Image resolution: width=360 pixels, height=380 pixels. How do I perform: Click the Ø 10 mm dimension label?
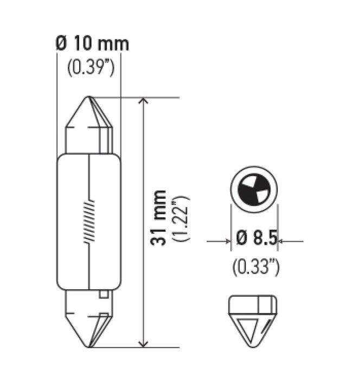pyautogui.click(x=93, y=44)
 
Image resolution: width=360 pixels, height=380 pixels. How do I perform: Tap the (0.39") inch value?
pyautogui.click(x=91, y=68)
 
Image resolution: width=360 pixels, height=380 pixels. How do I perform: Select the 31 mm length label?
pyautogui.click(x=158, y=219)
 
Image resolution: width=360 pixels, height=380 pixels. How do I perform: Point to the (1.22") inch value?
pyautogui.click(x=180, y=219)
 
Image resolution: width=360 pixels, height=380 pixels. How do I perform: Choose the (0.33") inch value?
pyautogui.click(x=256, y=267)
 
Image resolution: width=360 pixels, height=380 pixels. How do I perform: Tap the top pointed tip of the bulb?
pyautogui.click(x=89, y=98)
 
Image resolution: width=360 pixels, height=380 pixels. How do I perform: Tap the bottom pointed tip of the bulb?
pyautogui.click(x=89, y=346)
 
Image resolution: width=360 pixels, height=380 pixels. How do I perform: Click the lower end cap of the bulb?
pyautogui.click(x=89, y=318)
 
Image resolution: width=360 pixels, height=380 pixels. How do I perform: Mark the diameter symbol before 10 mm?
pyautogui.click(x=61, y=44)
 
